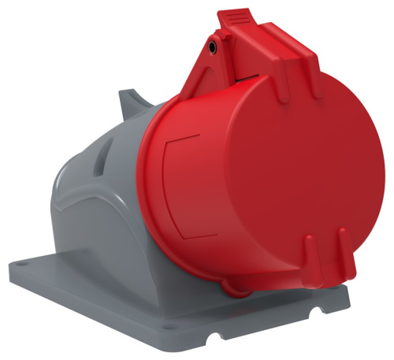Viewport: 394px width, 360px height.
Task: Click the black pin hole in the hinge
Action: point(214,49)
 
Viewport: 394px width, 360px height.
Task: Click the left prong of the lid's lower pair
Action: point(309,254)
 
